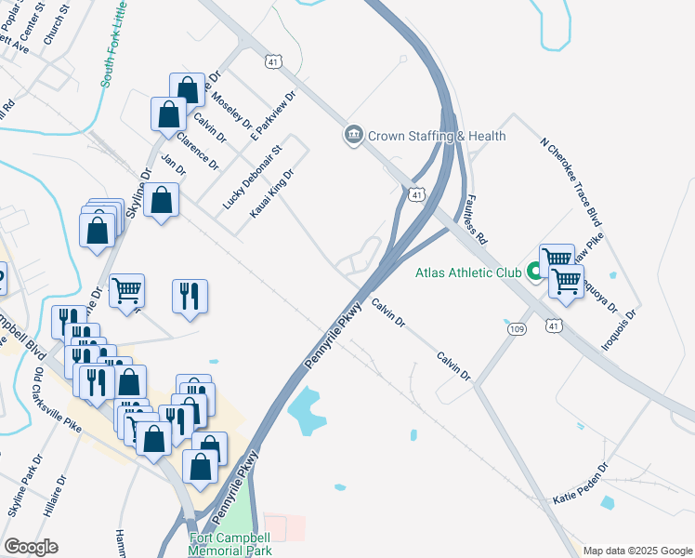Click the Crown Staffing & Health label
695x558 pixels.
click(437, 136)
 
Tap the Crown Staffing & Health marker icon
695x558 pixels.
click(353, 136)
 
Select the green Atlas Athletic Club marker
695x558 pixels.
click(534, 272)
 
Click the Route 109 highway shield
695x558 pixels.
click(517, 328)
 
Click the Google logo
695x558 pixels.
click(31, 547)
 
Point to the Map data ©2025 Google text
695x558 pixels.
click(637, 551)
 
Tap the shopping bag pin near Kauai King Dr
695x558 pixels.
click(162, 201)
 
